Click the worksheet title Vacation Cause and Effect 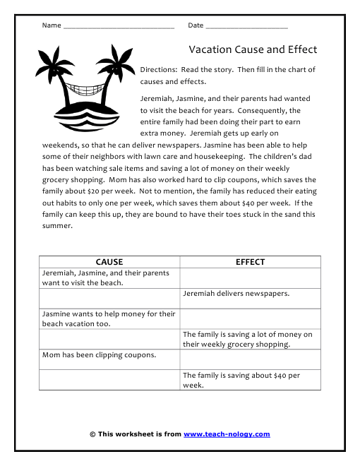(x=252, y=49)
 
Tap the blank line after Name (x=119, y=26)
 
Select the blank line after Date (x=246, y=26)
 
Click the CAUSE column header (x=109, y=262)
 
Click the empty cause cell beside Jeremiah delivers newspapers (x=109, y=297)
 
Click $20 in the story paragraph (x=261, y=180)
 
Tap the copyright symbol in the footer (x=92, y=434)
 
